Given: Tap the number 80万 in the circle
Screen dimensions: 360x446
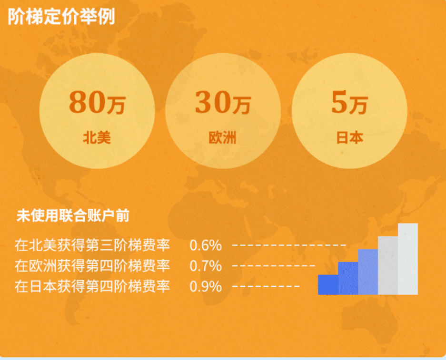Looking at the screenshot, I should tap(97, 103).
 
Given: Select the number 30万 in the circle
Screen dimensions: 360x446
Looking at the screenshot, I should tap(223, 103).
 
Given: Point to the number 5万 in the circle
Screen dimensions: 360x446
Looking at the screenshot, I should tap(349, 103).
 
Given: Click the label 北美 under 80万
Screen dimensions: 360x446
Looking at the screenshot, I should tap(97, 138).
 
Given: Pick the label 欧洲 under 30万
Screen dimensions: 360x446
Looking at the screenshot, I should tap(222, 138).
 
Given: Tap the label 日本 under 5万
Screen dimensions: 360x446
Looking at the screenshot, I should tap(349, 138).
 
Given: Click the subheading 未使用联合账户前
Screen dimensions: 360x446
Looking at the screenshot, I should tap(73, 216).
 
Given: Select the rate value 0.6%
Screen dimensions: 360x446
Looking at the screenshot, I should tap(206, 245).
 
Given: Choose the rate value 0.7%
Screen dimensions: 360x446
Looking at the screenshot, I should tap(206, 266).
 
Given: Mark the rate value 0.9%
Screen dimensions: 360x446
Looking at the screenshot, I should tap(206, 287).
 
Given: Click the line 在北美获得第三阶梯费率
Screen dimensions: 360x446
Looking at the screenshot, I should tap(92, 245).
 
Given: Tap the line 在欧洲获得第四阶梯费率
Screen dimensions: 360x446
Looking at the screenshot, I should tap(92, 266).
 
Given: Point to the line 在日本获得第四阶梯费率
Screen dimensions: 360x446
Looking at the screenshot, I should tap(92, 287).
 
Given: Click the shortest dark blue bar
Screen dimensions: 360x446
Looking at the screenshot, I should tap(328, 284).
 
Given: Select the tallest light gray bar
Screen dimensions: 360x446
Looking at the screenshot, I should tap(408, 259).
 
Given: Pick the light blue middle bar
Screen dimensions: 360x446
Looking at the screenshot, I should tap(368, 272).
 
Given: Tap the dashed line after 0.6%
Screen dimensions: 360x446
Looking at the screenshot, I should tap(289, 245).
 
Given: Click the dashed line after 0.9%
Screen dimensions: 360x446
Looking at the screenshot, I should tap(266, 287).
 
